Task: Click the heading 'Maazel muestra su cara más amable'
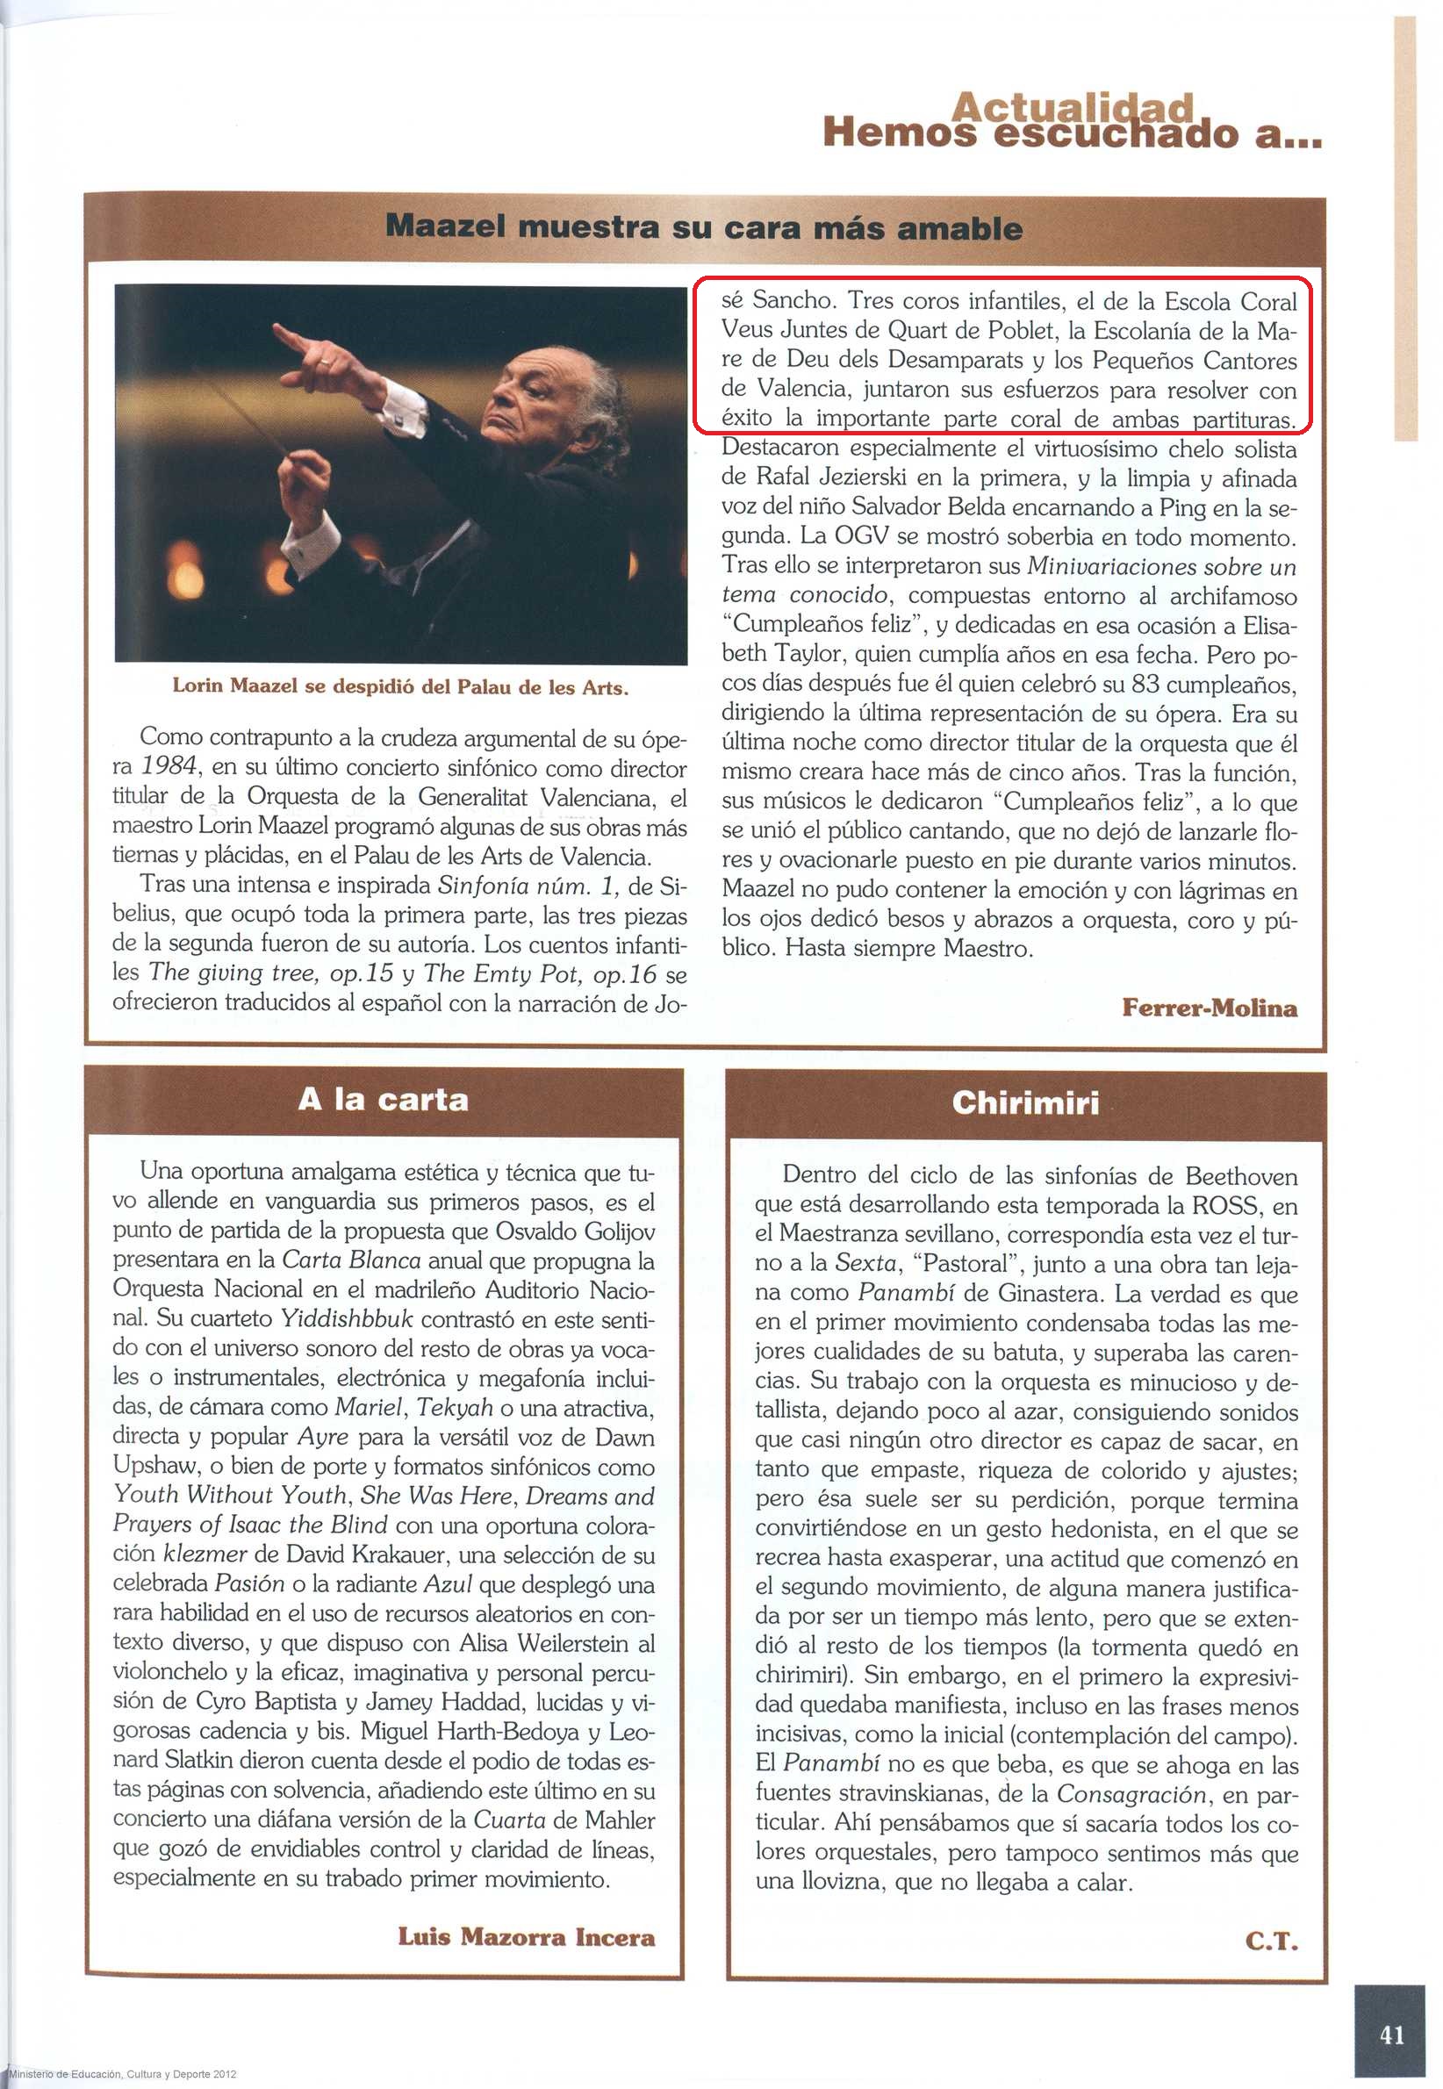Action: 703,226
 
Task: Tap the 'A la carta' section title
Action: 384,1099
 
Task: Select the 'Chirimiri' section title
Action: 1025,1102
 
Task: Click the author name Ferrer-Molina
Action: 1209,1008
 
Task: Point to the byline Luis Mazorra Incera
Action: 527,1936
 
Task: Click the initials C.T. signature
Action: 1271,1940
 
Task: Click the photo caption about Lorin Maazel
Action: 399,687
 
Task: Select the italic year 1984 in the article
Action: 169,766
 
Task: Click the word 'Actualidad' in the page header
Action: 1073,108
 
